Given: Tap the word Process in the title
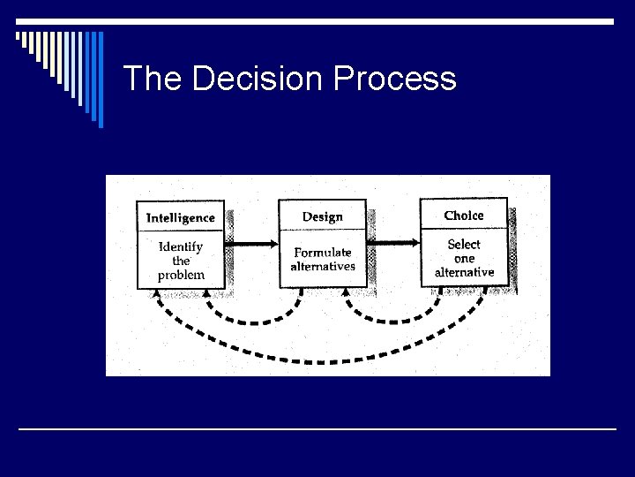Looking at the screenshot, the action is tap(395, 79).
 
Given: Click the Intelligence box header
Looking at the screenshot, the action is tap(181, 217).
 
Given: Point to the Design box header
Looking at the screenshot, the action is tap(323, 216).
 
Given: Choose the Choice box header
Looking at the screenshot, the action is tap(464, 216).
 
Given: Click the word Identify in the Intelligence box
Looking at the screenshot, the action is tap(181, 246).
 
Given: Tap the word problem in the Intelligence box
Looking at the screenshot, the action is tap(181, 275).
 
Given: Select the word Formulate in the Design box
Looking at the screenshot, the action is tap(323, 252).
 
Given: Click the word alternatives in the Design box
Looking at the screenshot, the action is tap(323, 266).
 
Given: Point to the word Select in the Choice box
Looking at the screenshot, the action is tap(464, 244).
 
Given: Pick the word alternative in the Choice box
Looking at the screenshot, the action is tap(464, 272).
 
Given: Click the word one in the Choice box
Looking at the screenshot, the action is tap(464, 258).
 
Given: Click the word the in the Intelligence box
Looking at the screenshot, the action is tap(181, 261).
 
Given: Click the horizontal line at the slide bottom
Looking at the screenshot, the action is tap(317, 429).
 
